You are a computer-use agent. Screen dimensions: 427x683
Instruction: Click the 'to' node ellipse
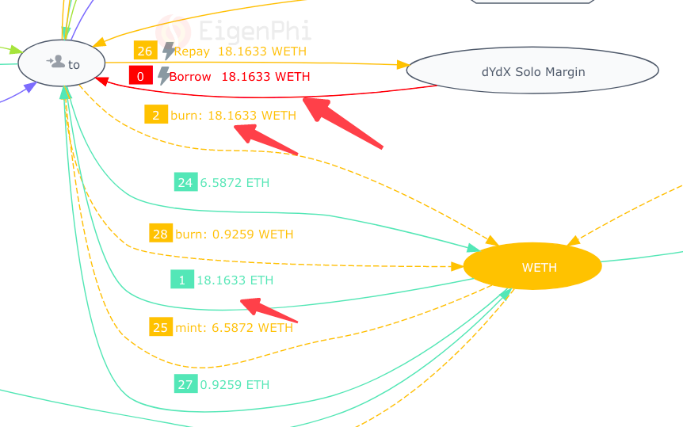point(61,63)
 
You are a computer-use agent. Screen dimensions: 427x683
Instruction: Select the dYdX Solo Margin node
point(532,71)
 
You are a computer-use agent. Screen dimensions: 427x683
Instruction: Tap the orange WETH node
point(532,267)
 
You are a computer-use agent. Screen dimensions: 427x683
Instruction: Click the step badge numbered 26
point(145,51)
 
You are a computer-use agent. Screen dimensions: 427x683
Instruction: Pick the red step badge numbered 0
point(141,76)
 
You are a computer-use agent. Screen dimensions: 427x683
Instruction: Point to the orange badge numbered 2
point(155,115)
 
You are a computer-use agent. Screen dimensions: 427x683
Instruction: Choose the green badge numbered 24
point(185,182)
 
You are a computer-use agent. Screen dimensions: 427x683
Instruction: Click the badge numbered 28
point(161,234)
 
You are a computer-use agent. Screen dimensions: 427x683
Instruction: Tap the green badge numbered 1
point(181,280)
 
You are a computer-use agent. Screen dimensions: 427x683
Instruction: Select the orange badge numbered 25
point(161,326)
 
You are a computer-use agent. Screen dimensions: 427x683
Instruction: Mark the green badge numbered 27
point(185,384)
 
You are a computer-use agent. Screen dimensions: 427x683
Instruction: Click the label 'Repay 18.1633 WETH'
point(240,51)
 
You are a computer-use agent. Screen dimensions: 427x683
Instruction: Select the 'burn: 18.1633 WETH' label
point(233,115)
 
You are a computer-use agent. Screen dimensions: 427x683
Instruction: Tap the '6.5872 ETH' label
point(235,182)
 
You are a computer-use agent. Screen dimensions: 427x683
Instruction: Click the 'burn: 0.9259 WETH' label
point(234,234)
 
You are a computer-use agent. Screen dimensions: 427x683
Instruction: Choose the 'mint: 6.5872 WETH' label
point(234,326)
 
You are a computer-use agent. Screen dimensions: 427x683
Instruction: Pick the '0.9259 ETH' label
point(235,384)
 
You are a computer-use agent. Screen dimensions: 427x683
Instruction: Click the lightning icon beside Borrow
point(163,76)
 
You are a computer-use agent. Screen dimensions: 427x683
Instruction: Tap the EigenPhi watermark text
point(254,32)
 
